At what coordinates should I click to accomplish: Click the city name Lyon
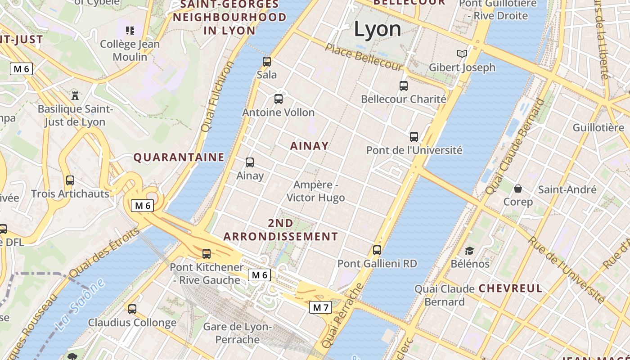[x=377, y=29]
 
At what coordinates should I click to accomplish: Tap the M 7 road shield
[x=320, y=308]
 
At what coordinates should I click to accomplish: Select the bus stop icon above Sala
[x=267, y=62]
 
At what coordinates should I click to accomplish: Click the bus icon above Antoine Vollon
[x=279, y=99]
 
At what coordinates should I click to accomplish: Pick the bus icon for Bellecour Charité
[x=404, y=85]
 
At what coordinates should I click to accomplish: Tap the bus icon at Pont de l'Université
[x=414, y=137]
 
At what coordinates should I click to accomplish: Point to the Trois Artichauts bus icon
[x=70, y=180]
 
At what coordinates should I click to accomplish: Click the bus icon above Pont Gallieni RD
[x=377, y=250]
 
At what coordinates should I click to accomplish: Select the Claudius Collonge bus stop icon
[x=132, y=309]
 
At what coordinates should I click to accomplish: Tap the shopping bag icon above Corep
[x=518, y=189]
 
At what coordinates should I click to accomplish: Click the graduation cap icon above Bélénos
[x=469, y=251]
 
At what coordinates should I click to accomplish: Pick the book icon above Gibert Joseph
[x=462, y=54]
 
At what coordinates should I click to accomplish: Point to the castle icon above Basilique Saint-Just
[x=75, y=95]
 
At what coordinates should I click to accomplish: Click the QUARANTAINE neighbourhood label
[x=179, y=157]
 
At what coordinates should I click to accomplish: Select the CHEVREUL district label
[x=510, y=288]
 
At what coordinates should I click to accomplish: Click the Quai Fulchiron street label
[x=217, y=97]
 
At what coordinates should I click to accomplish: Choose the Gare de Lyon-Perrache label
[x=237, y=333]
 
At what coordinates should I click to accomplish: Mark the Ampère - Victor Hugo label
[x=315, y=191]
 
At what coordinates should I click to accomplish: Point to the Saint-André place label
[x=567, y=189]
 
